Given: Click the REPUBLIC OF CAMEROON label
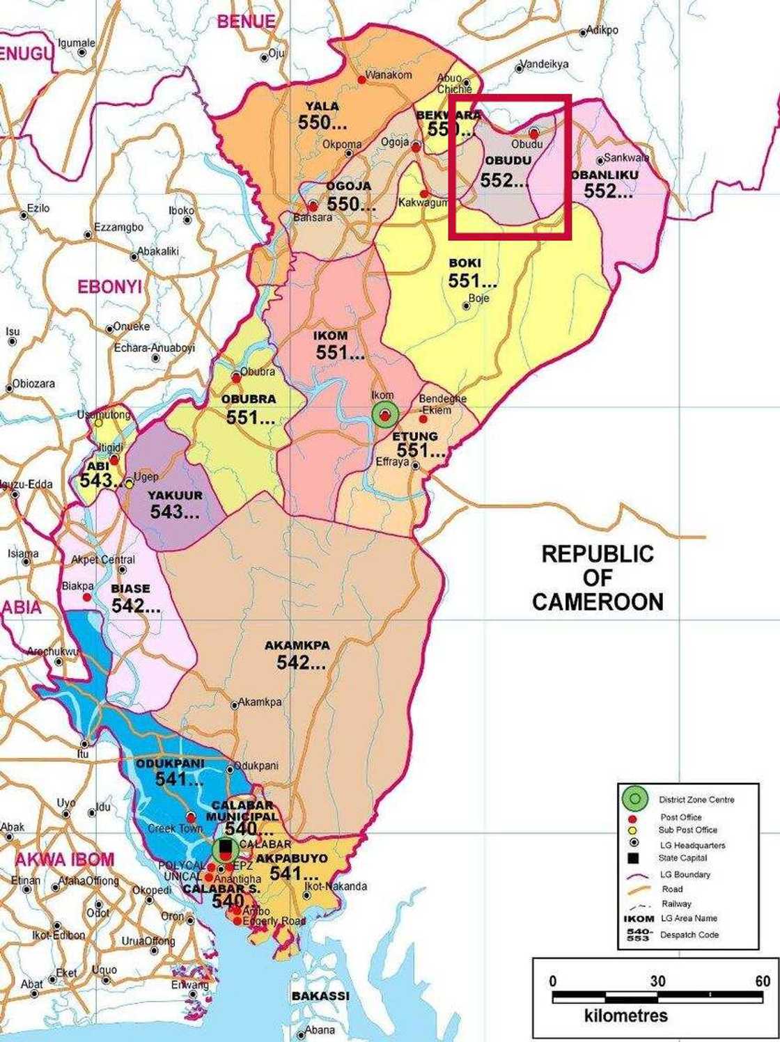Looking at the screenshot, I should (x=598, y=578).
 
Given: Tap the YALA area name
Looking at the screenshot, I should (x=322, y=106).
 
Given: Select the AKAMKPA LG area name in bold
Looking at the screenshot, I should (x=297, y=645).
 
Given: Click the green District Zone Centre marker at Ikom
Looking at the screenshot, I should (x=384, y=415).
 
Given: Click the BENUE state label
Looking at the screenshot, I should (x=246, y=22).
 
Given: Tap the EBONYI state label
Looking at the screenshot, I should (x=109, y=287).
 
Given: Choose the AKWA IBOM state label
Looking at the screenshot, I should (x=64, y=859).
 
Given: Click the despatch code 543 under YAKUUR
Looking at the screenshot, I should (x=175, y=512).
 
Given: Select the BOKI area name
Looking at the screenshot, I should (x=465, y=263).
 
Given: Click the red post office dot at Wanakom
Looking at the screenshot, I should (x=361, y=80).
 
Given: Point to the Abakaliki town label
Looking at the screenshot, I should (x=158, y=251).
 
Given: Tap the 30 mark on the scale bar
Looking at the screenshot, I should (x=657, y=981).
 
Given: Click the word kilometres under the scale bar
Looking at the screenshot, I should (x=626, y=1016).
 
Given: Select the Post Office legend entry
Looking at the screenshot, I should (x=680, y=817).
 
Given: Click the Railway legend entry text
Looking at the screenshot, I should (x=676, y=903).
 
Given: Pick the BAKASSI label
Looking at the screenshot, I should (x=320, y=996).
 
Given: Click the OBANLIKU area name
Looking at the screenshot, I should (x=604, y=175).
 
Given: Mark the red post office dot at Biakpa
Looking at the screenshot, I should (x=87, y=597).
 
